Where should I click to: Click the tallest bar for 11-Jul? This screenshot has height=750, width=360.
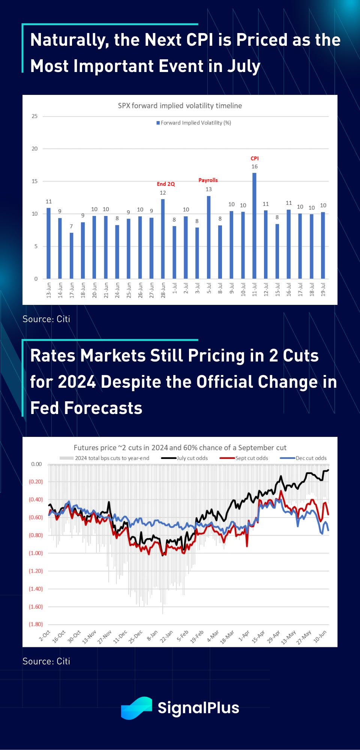tap(254, 225)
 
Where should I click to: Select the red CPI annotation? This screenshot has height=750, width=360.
tap(255, 158)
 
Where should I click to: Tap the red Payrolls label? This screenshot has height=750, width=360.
tap(208, 180)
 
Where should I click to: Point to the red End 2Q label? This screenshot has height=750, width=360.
tap(166, 184)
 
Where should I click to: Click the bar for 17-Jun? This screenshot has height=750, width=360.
tap(71, 256)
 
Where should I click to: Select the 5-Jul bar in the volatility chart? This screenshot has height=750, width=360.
tap(208, 237)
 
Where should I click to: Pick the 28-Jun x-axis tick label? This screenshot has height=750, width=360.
tap(163, 290)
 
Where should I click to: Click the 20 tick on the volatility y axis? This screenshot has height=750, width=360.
tap(34, 148)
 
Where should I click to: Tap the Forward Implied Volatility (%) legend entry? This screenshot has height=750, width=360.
tap(194, 123)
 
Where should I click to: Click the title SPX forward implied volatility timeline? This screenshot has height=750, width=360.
tap(180, 106)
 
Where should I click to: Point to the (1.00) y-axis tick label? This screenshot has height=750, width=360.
tap(36, 553)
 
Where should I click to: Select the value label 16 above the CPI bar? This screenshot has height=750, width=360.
tap(255, 166)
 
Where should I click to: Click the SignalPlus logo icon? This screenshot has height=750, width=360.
tap(136, 708)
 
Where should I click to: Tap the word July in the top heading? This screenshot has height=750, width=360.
tap(243, 66)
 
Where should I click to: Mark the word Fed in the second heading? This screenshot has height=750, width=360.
tap(45, 408)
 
